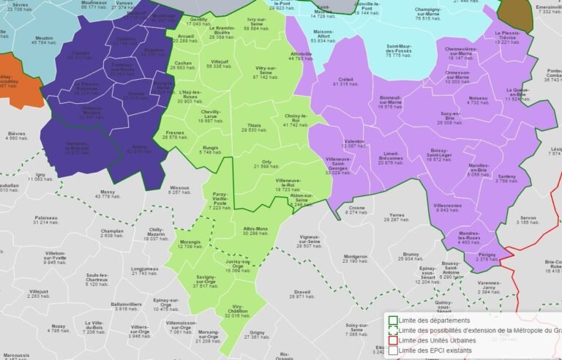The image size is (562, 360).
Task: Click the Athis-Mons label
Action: tap(255, 229)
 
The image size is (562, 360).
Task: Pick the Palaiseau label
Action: tap(45, 218)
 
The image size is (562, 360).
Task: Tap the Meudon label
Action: tap(44, 38)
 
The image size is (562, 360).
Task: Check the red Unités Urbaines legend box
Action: tap(393, 340)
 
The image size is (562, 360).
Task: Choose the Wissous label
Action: tap(179, 187)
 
